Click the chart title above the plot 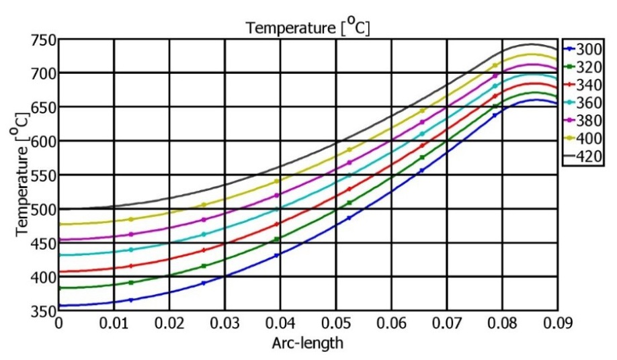pyautogui.click(x=308, y=28)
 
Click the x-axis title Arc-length pyautogui.click(x=308, y=345)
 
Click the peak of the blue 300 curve pyautogui.click(x=536, y=100)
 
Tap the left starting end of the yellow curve pyautogui.click(x=60, y=224)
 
